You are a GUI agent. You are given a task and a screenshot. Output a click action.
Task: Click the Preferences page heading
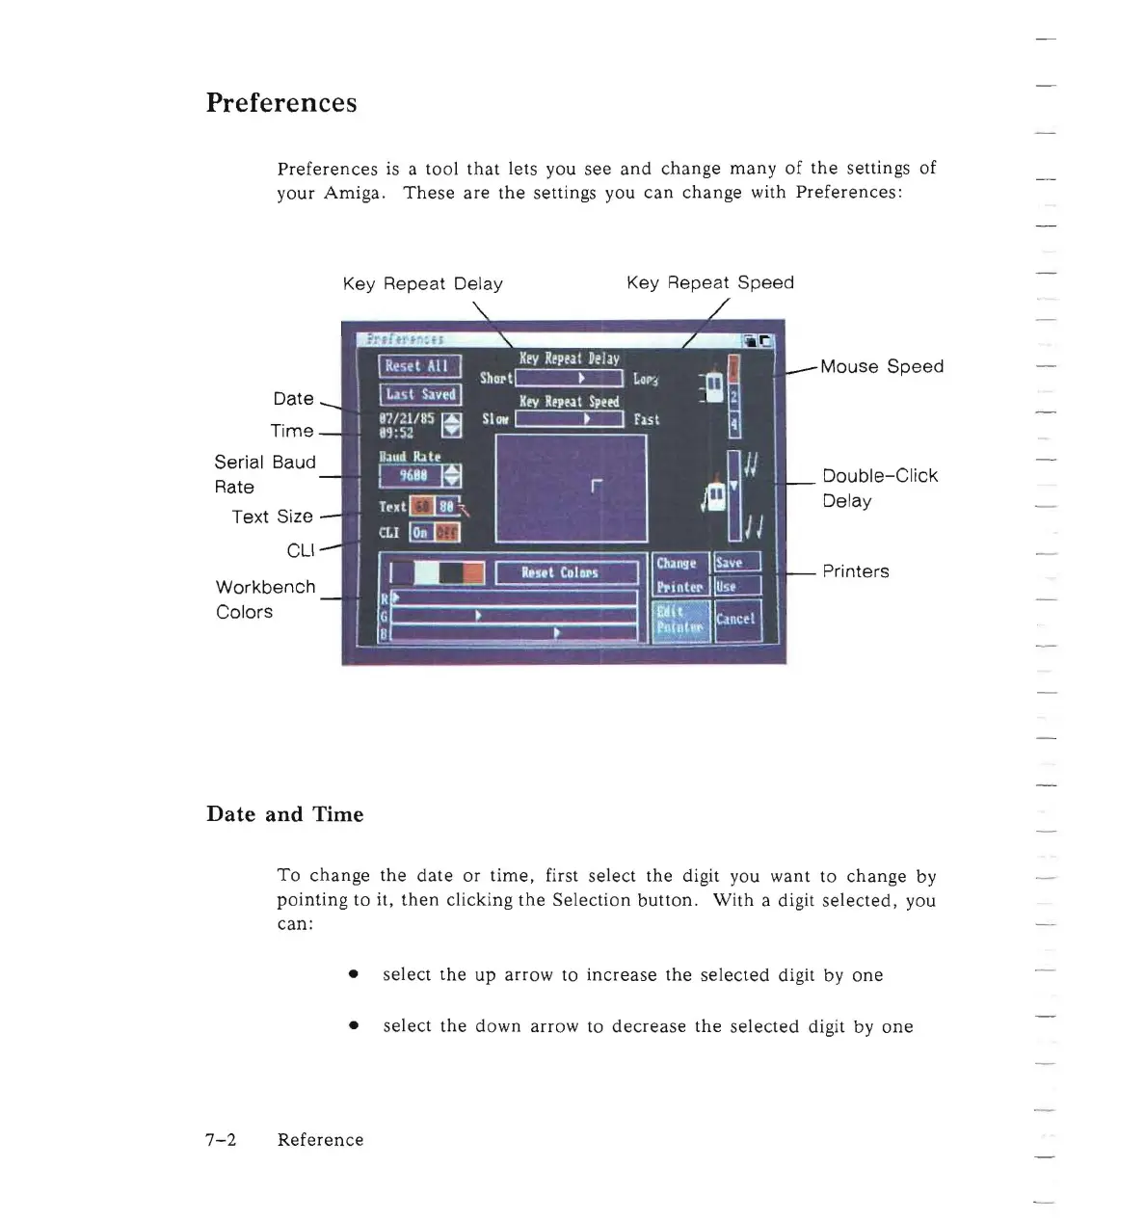[x=280, y=103]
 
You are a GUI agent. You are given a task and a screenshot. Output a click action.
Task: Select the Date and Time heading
[x=284, y=814]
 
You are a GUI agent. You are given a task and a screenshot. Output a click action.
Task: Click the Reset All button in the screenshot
[x=419, y=366]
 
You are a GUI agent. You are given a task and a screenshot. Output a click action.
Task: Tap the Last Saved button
[x=419, y=394]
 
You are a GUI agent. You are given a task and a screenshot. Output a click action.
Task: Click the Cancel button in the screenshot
[x=736, y=619]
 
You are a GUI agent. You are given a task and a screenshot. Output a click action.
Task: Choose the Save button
[x=736, y=563]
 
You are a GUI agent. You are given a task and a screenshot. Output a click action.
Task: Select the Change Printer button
[x=679, y=574]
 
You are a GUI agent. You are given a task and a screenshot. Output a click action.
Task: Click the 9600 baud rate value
[x=413, y=475]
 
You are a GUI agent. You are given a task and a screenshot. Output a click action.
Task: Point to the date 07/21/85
[x=407, y=419]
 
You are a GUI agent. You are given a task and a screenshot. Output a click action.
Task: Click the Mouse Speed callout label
[x=881, y=366]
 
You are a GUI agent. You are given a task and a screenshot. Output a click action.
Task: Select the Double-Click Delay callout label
[x=879, y=488]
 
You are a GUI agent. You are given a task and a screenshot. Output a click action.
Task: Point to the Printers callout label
[x=855, y=571]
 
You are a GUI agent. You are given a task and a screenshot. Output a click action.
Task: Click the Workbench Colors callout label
[x=264, y=599]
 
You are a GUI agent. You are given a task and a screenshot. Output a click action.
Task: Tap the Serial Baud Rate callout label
[x=264, y=474]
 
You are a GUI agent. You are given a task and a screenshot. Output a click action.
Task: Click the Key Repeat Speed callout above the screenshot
[x=709, y=282]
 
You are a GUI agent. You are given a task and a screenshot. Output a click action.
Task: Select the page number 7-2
[x=221, y=1140]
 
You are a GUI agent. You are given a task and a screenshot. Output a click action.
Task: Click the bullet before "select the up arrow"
[x=354, y=975]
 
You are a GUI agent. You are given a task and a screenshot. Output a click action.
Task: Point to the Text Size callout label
[x=272, y=517]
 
